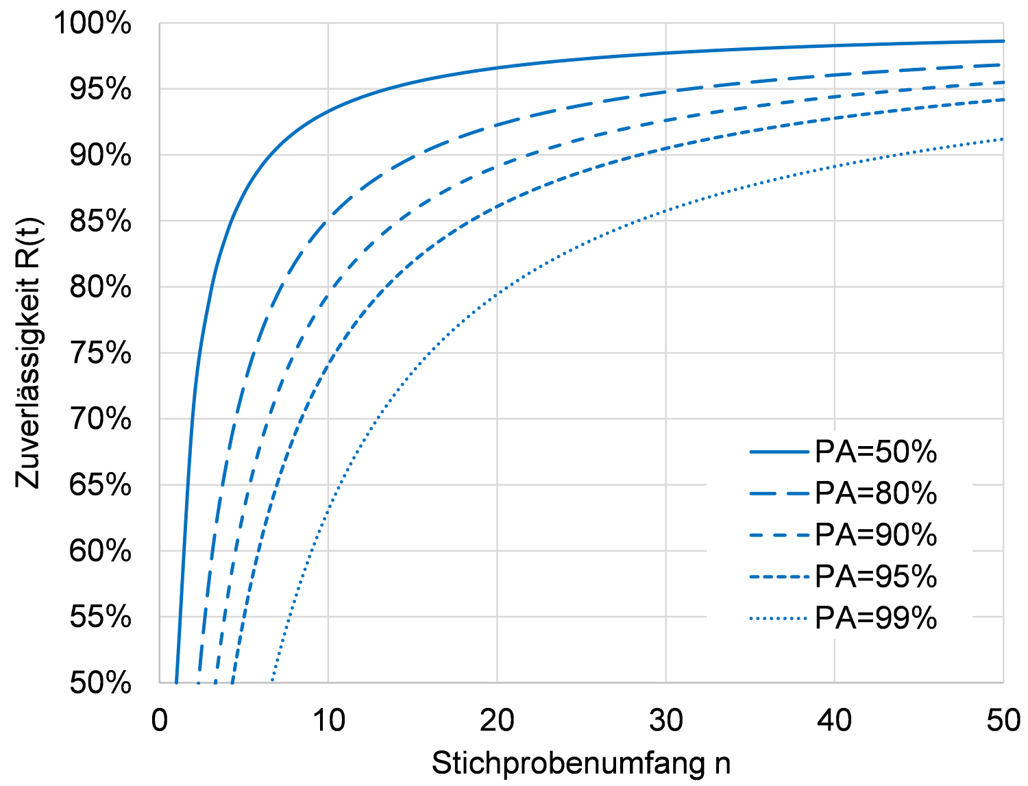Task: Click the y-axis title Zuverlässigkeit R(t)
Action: [x=29, y=353]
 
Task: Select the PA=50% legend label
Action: [x=876, y=452]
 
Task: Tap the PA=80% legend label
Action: [x=876, y=493]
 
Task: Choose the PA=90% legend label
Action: [x=876, y=535]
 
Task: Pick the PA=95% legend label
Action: [x=876, y=577]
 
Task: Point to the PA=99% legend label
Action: [x=876, y=619]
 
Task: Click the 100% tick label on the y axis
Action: [x=93, y=23]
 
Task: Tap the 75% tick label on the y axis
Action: [x=100, y=354]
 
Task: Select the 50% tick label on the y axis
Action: [x=100, y=683]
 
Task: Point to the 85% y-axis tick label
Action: [x=100, y=221]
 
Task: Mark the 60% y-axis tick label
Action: [x=100, y=551]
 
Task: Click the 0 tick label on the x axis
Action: [x=160, y=721]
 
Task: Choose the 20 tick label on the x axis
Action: [x=497, y=721]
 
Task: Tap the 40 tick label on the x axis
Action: [x=835, y=721]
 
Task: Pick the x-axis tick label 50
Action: [x=1003, y=721]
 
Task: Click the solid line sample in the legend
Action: [x=779, y=452]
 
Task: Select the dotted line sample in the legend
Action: [x=779, y=619]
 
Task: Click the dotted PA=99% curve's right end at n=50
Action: [x=1003, y=139]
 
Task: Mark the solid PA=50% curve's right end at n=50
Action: [x=1003, y=41]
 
